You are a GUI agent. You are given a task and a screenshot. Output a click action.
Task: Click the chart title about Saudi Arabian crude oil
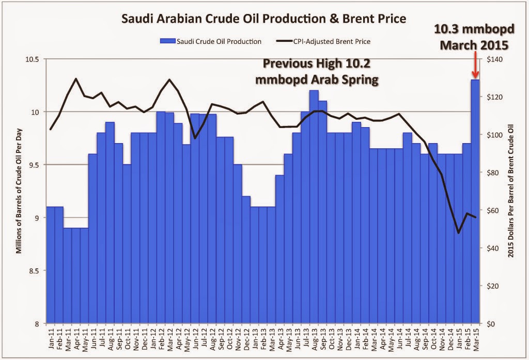(263, 19)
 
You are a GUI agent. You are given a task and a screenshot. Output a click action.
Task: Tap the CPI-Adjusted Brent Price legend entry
(331, 40)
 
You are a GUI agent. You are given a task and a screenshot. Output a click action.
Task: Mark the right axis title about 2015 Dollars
(514, 191)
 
